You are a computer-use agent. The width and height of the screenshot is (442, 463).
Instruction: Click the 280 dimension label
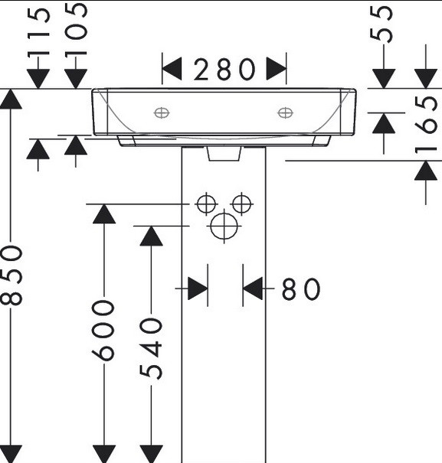pyautogui.click(x=224, y=70)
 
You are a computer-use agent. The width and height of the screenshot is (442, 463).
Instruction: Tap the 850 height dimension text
pyautogui.click(x=11, y=276)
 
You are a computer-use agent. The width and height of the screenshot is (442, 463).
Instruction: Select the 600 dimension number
pyautogui.click(x=103, y=331)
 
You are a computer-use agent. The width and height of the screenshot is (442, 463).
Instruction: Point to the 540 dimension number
pyautogui.click(x=151, y=348)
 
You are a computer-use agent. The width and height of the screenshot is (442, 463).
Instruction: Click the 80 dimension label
pyautogui.click(x=301, y=289)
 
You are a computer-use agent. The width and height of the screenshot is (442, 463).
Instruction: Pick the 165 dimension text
pyautogui.click(x=426, y=126)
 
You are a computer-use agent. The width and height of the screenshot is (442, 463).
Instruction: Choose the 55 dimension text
pyautogui.click(x=381, y=24)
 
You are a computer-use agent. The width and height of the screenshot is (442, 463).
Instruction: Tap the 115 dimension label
pyautogui.click(x=38, y=33)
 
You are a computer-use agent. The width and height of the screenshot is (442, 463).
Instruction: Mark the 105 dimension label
pyautogui.click(x=76, y=30)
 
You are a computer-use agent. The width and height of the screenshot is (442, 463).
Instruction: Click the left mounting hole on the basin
pyautogui.click(x=162, y=112)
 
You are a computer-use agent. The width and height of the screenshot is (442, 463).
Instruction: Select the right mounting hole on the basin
pyautogui.click(x=285, y=112)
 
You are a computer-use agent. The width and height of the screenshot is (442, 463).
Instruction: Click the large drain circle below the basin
pyautogui.click(x=224, y=227)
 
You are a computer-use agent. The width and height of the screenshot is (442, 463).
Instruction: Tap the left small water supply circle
pyautogui.click(x=206, y=204)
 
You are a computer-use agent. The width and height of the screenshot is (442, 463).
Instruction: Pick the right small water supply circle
pyautogui.click(x=242, y=204)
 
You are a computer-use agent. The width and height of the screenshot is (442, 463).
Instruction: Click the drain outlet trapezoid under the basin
pyautogui.click(x=224, y=154)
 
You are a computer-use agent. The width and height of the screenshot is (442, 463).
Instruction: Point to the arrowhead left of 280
pyautogui.click(x=172, y=69)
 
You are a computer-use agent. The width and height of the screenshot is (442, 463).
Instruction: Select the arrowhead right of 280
pyautogui.click(x=276, y=69)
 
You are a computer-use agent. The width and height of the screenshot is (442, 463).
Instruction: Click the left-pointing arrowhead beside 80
pyautogui.click(x=253, y=289)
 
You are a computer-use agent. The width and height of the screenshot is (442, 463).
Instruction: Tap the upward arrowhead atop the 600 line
pyautogui.click(x=104, y=214)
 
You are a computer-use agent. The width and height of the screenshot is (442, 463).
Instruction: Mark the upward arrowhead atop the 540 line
pyautogui.click(x=151, y=236)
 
